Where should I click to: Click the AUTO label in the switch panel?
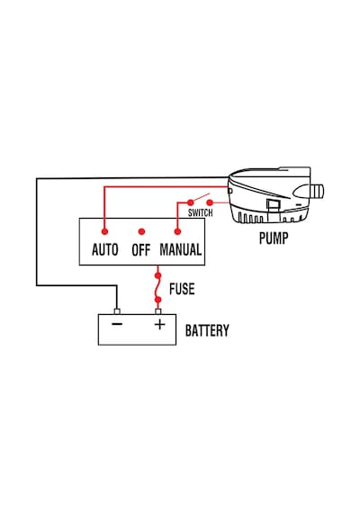pyautogui.click(x=105, y=249)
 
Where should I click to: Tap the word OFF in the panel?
pyautogui.click(x=141, y=250)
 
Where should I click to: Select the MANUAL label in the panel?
pyautogui.click(x=181, y=249)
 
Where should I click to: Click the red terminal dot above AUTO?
pyautogui.click(x=104, y=231)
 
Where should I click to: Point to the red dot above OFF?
pyautogui.click(x=141, y=231)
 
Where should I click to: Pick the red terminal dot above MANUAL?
pyautogui.click(x=177, y=231)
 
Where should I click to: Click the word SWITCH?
pyautogui.click(x=201, y=212)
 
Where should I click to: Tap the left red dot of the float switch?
pyautogui.click(x=191, y=202)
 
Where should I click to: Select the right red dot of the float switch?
pyautogui.click(x=210, y=202)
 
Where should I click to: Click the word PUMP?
pyautogui.click(x=274, y=238)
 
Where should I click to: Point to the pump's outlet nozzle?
pyautogui.click(x=317, y=192)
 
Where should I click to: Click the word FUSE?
pyautogui.click(x=182, y=289)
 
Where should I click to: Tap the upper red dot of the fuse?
pyautogui.click(x=158, y=275)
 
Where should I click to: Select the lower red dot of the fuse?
pyautogui.click(x=158, y=300)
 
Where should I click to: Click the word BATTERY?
pyautogui.click(x=207, y=330)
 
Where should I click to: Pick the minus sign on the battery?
pyautogui.click(x=117, y=324)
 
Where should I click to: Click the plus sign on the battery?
pyautogui.click(x=159, y=324)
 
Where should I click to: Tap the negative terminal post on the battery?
pyautogui.click(x=117, y=311)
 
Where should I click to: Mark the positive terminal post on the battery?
pyautogui.click(x=158, y=311)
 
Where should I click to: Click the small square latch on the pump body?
pyautogui.click(x=274, y=205)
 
